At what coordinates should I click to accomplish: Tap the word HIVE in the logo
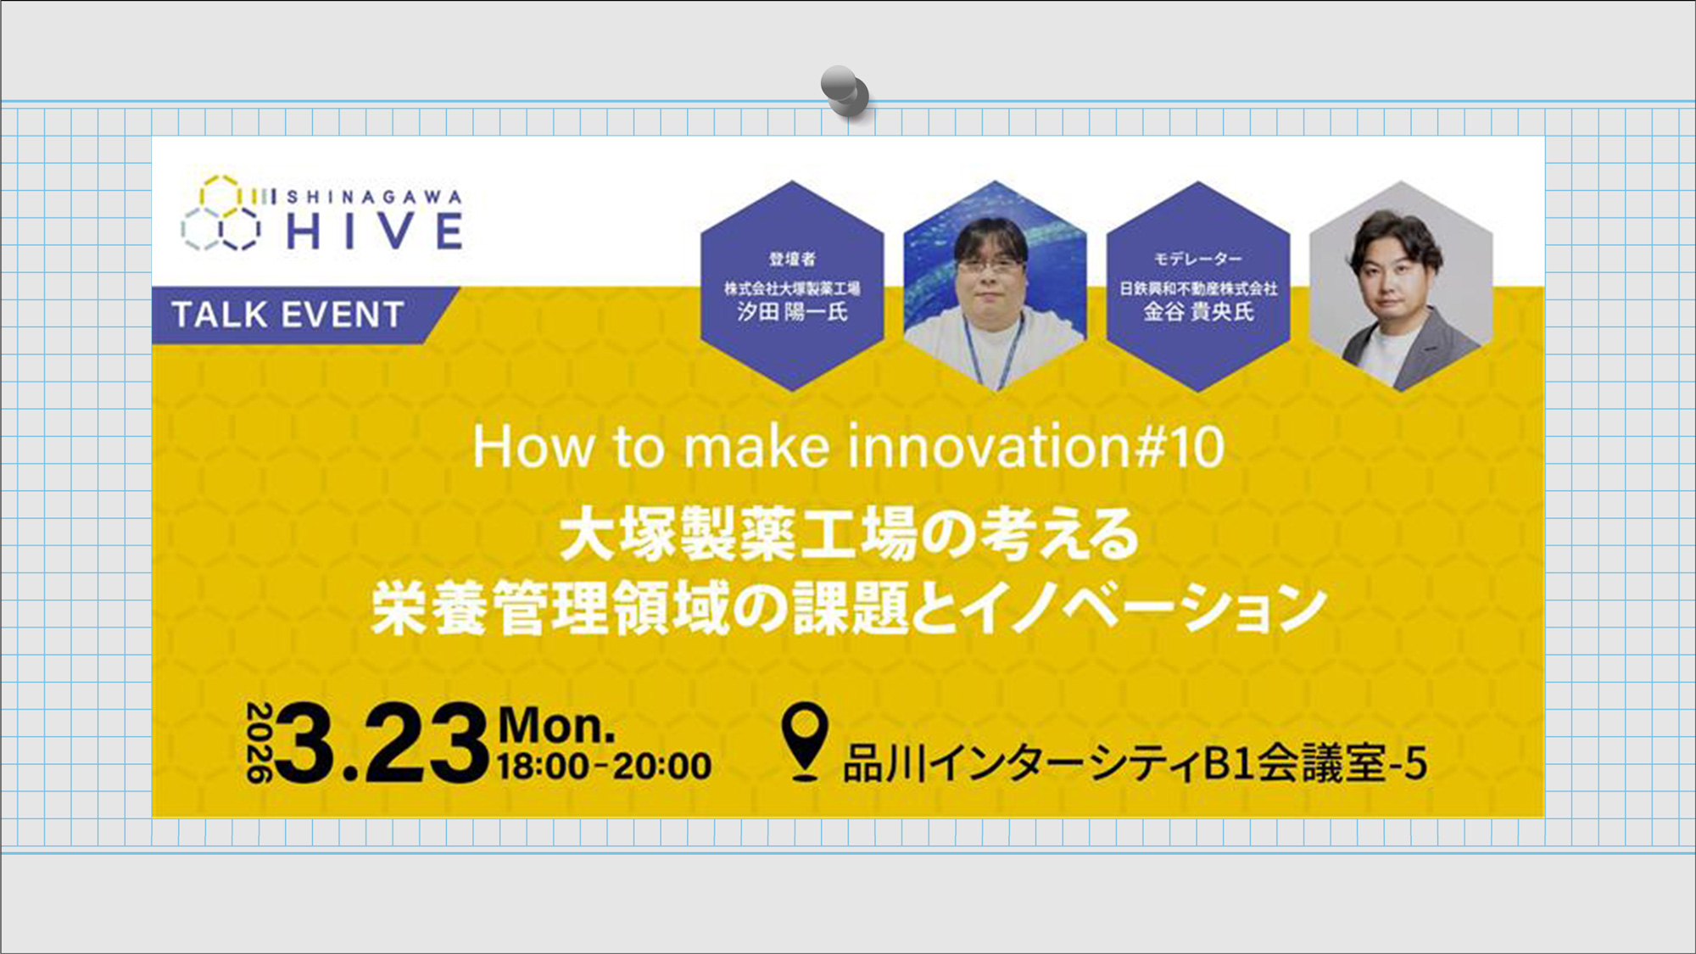[375, 231]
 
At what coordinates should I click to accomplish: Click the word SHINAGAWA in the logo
[375, 198]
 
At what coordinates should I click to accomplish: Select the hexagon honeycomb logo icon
[221, 214]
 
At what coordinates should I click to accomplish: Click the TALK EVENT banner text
[287, 315]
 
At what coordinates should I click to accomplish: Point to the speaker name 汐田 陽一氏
[792, 312]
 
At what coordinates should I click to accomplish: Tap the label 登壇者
[792, 259]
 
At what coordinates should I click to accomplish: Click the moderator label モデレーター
[1197, 259]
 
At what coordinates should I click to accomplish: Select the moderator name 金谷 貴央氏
[1197, 312]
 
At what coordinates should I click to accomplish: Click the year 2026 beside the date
[259, 742]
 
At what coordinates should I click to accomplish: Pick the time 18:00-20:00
[604, 766]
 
